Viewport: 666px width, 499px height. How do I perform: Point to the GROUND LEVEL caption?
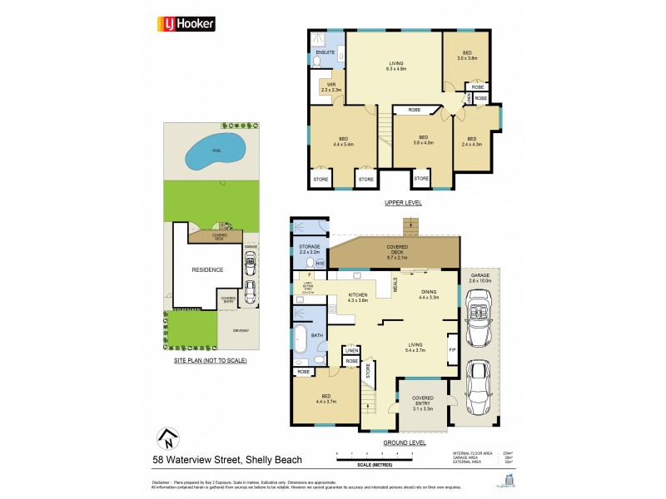click(x=405, y=442)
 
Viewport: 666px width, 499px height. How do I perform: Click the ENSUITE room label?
click(x=325, y=52)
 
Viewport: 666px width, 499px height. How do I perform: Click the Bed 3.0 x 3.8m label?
click(x=466, y=56)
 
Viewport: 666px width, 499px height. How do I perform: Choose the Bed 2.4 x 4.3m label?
click(x=472, y=141)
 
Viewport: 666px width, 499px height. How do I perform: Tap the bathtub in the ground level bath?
click(x=300, y=339)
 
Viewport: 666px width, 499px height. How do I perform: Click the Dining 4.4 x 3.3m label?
click(x=429, y=294)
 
